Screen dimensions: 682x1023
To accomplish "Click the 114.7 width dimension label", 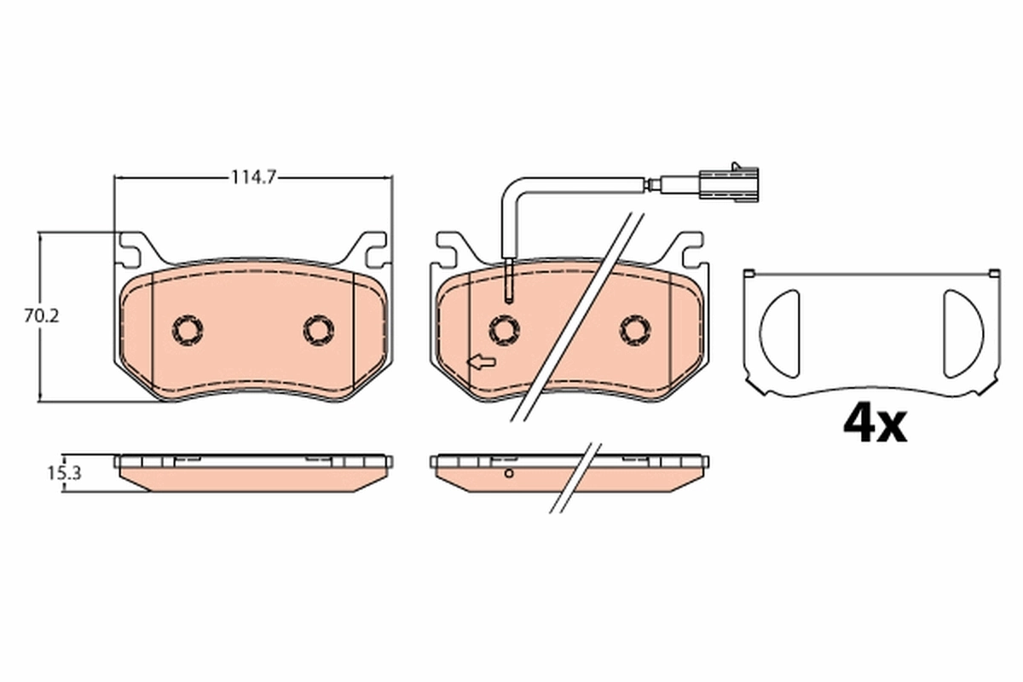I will point(254,177).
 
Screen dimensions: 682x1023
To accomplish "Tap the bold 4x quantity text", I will point(875,423).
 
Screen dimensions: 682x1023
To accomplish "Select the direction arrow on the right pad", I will point(483,363).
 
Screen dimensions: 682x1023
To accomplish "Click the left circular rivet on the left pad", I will point(188,328).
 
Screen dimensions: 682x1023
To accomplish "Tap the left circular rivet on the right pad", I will point(506,328).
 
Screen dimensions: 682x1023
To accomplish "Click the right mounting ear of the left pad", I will point(372,250).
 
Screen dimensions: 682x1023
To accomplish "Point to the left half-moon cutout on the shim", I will point(780,333).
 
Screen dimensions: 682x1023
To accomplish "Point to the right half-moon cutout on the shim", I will point(962,333).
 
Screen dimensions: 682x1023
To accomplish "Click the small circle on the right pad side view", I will point(509,473).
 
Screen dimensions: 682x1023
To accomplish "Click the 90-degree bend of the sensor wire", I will point(510,188).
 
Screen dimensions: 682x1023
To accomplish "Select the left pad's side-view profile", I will point(254,473).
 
